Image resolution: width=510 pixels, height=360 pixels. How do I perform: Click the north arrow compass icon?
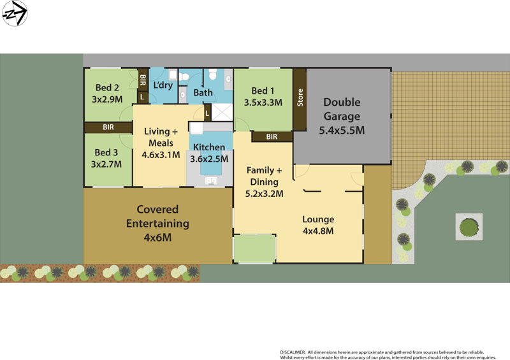[x=15, y=13]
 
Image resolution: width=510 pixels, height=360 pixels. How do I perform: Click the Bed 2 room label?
[x=107, y=88]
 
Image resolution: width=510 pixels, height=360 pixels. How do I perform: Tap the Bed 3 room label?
[x=106, y=152]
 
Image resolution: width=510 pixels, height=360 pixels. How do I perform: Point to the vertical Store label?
[x=300, y=99]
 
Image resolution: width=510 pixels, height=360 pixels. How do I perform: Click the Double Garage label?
[x=342, y=109]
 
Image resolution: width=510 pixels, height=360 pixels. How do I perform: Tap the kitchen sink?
[x=211, y=182]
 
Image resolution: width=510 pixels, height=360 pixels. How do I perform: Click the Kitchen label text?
[x=209, y=147]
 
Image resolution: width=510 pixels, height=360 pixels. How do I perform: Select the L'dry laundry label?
[x=163, y=85]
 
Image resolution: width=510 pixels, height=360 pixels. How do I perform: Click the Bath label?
[x=203, y=93]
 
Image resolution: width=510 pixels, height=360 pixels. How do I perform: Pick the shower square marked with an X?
[x=222, y=113]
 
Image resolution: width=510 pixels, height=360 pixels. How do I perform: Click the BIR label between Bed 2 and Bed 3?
[x=109, y=127]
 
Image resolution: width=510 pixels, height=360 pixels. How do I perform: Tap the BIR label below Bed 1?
[x=272, y=136]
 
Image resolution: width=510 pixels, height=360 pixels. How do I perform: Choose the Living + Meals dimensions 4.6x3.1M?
[x=161, y=154]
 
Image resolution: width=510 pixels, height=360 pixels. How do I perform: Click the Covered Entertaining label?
[x=157, y=217]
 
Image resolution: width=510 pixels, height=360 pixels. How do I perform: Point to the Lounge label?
[x=318, y=220]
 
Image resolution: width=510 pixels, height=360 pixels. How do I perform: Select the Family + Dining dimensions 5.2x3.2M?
[x=265, y=194]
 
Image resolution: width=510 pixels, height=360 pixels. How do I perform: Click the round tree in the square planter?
[x=469, y=226]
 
